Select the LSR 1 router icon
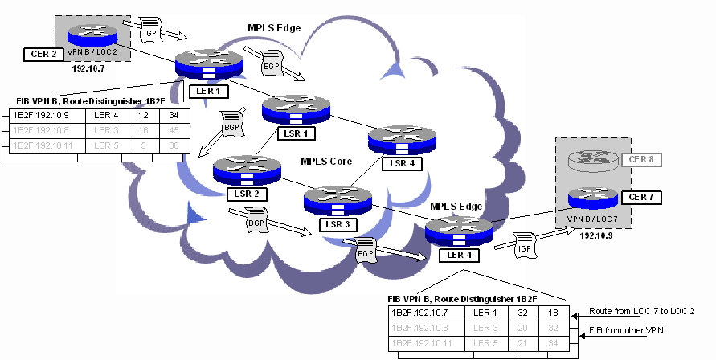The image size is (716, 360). click(296, 108)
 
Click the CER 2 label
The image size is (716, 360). click(41, 55)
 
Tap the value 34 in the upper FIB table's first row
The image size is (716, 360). click(174, 115)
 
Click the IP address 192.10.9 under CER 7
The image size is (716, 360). click(592, 238)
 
